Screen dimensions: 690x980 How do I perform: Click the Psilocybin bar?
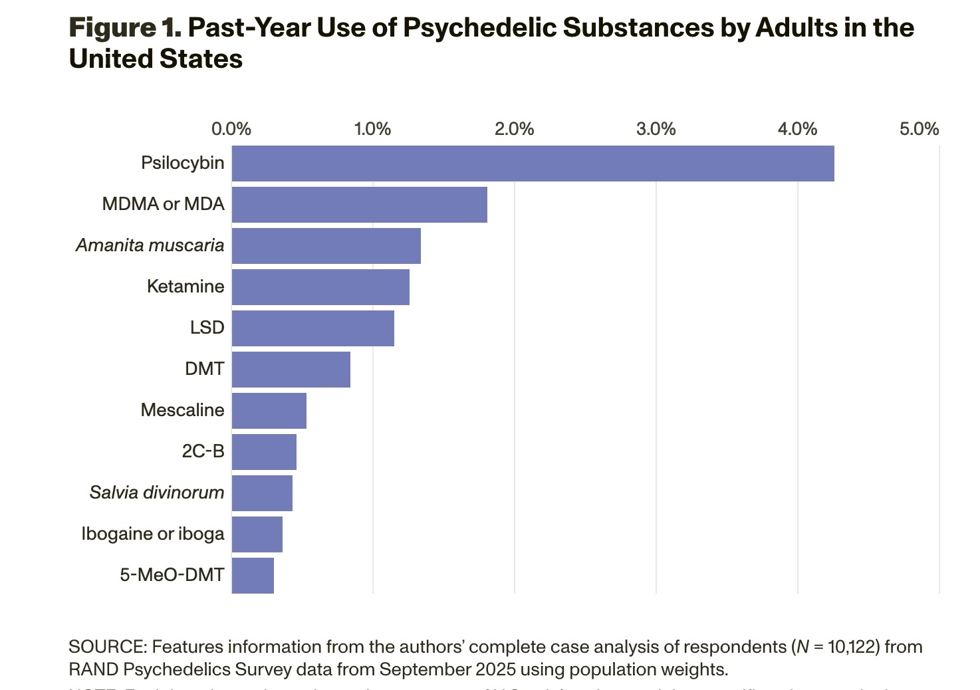(533, 164)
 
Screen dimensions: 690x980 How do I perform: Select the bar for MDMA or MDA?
(359, 205)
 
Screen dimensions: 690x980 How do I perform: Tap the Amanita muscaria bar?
(326, 246)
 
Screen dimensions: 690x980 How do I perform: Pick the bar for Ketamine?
(320, 287)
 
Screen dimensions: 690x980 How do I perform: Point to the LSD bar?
(312, 328)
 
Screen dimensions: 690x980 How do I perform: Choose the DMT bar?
(291, 370)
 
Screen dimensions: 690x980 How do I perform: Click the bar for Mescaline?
(269, 411)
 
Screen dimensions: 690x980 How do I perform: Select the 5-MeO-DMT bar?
(253, 576)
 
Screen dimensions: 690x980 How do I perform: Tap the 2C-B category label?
(203, 451)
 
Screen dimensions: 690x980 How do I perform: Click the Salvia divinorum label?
(157, 493)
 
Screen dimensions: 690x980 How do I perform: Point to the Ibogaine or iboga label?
(153, 534)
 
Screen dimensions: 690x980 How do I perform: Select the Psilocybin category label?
(182, 163)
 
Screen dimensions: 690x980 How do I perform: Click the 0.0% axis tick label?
(231, 129)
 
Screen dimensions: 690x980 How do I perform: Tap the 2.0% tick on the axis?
(514, 129)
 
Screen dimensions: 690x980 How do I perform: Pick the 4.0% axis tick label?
(797, 129)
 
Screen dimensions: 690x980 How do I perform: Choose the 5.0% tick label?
(919, 129)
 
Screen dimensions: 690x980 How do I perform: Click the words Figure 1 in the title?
(124, 28)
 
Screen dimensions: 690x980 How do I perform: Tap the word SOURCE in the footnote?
(107, 647)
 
